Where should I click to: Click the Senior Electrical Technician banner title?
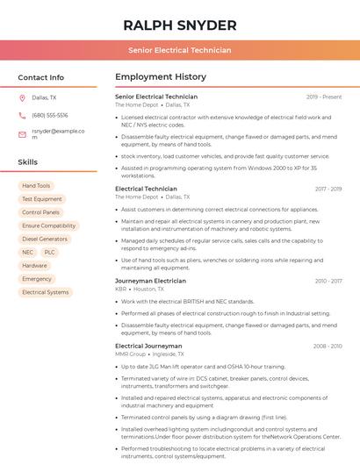[x=179, y=50]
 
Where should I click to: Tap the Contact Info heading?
[x=40, y=77]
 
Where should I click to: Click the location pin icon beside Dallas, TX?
[x=22, y=98]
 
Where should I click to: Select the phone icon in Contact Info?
[x=22, y=116]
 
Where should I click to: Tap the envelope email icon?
[x=22, y=134]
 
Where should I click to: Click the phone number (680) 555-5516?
[x=50, y=116]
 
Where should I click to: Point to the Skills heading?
[x=28, y=162]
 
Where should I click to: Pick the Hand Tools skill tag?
[x=36, y=186]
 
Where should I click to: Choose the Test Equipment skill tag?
[x=42, y=199]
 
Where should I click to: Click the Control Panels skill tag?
[x=41, y=212]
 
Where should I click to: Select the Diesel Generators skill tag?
[x=45, y=239]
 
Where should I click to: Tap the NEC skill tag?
[x=28, y=252]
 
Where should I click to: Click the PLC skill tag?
[x=49, y=252]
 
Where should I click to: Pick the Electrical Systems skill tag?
[x=45, y=292]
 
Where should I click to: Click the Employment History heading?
[x=161, y=77]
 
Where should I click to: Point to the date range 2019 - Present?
[x=324, y=97]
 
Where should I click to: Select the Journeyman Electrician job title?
[x=150, y=281]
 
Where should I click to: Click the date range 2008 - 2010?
[x=328, y=347]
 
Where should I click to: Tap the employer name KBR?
[x=120, y=289]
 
